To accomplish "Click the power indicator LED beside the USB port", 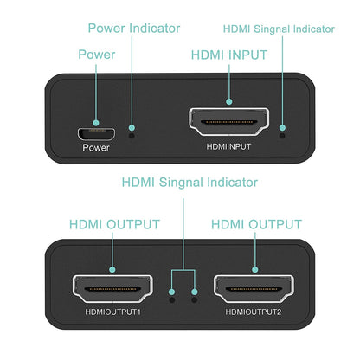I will pos(132,133).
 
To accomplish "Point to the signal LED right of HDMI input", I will pos(283,133).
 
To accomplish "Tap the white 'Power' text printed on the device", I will pos(97,147).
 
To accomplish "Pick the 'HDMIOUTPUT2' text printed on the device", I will pos(253,312).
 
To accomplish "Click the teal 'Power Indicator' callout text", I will pos(134,28).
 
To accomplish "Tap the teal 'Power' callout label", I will pos(96,54).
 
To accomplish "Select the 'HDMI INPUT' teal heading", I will pos(228,54).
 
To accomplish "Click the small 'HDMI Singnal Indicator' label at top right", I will pos(279,29).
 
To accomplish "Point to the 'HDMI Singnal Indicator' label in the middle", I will pos(190,183).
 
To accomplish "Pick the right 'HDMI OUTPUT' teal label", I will pos(254,224).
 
